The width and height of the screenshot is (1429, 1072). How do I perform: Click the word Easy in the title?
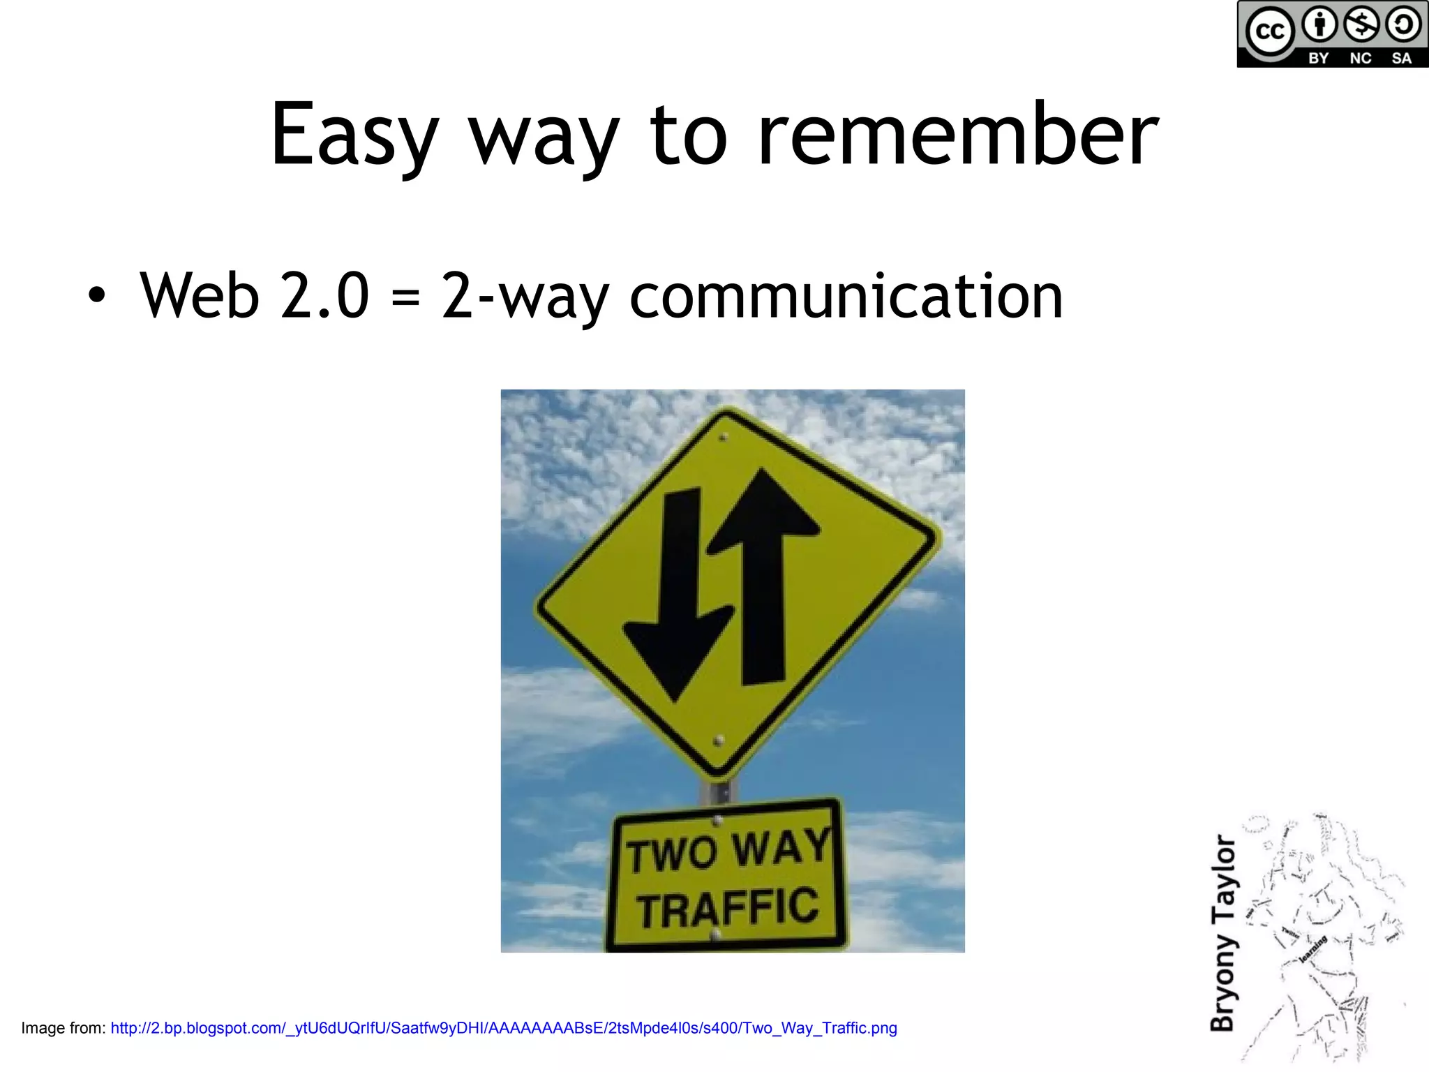click(354, 136)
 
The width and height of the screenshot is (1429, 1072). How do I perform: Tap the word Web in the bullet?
click(200, 296)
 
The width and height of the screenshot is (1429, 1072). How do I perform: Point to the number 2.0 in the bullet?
click(324, 296)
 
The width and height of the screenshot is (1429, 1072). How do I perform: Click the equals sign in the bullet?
click(405, 297)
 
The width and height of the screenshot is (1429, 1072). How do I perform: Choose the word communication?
click(846, 296)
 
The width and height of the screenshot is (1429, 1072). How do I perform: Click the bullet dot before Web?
click(97, 296)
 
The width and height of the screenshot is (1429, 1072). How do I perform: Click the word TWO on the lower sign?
click(671, 854)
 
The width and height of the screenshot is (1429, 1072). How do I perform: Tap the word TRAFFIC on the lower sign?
click(728, 908)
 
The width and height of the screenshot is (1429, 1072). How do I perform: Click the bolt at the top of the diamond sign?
click(724, 438)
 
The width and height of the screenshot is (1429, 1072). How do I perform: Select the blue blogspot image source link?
click(503, 1028)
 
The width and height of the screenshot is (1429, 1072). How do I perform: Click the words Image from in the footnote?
click(63, 1028)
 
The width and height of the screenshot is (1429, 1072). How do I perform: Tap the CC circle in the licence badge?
click(1269, 31)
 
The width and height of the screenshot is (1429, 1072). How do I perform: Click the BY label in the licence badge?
click(1318, 59)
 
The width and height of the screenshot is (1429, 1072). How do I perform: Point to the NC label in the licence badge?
click(1360, 59)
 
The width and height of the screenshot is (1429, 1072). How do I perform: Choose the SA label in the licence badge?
click(1401, 59)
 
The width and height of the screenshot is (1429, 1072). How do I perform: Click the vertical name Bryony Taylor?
click(1222, 933)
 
